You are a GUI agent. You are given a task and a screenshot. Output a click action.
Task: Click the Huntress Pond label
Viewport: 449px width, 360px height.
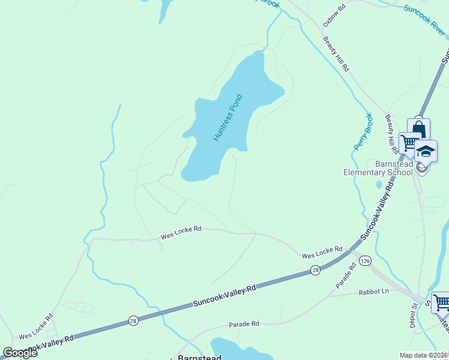click(228, 118)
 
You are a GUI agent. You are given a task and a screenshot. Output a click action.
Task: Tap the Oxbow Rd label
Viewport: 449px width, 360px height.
click(334, 16)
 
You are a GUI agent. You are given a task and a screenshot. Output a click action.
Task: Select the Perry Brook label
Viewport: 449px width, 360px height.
click(364, 131)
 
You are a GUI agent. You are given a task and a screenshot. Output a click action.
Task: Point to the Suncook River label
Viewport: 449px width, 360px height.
click(426, 18)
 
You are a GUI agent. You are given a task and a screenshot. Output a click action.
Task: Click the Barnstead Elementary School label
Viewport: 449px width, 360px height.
click(378, 167)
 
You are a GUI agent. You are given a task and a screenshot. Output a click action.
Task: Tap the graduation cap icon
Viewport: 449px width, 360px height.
click(426, 151)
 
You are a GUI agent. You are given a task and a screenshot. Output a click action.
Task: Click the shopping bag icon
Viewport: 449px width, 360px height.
click(418, 129)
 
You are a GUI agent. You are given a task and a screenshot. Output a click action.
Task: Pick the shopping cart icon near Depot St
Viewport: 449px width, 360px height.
click(441, 301)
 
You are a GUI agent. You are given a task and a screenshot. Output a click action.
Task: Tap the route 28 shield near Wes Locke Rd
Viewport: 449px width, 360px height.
click(316, 271)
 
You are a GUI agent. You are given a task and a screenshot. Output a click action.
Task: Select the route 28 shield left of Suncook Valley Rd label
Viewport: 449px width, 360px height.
click(133, 322)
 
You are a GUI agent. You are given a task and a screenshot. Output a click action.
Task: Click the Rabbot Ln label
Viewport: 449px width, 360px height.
click(374, 292)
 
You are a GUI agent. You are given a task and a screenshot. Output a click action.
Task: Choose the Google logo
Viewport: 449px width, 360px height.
click(20, 353)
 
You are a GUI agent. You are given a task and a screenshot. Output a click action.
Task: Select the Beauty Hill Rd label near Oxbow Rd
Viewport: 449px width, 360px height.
click(336, 54)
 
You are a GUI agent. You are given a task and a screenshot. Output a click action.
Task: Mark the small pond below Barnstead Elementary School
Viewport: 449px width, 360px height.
click(379, 185)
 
